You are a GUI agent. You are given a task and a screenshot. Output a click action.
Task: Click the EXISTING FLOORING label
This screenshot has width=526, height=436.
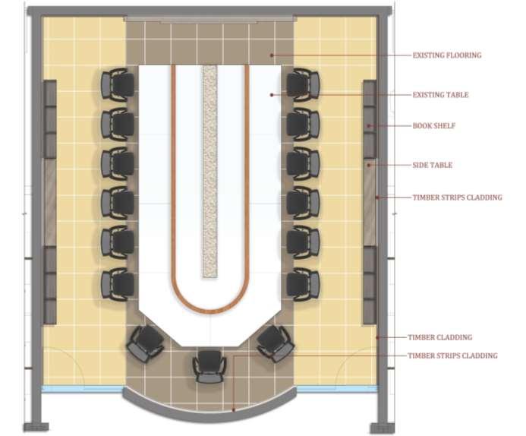[446, 55]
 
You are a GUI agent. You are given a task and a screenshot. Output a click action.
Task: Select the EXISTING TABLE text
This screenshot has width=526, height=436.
[440, 95]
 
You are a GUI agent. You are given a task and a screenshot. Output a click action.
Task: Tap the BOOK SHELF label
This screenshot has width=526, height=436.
[433, 125]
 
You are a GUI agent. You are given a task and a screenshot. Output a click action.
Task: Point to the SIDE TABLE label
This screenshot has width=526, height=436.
[432, 165]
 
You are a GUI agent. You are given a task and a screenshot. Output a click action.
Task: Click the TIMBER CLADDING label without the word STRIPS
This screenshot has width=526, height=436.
[439, 337]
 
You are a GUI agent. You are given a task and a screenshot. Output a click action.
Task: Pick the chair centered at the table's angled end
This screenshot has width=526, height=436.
[207, 365]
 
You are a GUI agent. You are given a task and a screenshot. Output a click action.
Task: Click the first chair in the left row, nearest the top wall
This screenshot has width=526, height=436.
[118, 84]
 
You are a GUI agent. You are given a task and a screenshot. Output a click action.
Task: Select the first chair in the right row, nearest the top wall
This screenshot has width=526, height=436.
[303, 84]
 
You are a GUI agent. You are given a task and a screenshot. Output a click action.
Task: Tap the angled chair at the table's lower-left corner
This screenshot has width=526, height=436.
[144, 343]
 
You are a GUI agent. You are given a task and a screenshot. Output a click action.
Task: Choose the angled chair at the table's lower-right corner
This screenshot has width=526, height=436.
[274, 343]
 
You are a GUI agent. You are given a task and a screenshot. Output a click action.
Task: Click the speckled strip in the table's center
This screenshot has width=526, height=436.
[209, 171]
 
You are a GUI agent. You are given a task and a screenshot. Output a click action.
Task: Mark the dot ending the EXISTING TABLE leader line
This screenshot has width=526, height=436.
[272, 95]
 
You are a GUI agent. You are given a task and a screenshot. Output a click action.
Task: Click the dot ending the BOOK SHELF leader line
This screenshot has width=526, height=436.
[369, 125]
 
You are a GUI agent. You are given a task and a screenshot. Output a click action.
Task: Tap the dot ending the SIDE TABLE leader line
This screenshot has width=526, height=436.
[369, 165]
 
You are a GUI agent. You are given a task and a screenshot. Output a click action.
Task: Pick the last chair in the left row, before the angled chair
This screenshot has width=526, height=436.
[118, 283]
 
